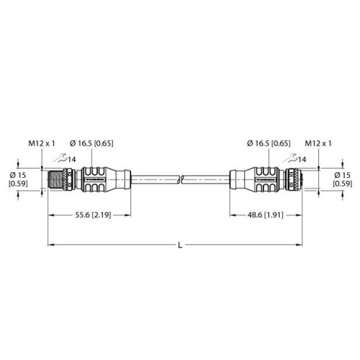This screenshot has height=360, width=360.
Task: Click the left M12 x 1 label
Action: (x=42, y=143)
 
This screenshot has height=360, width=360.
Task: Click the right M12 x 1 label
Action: (x=318, y=143)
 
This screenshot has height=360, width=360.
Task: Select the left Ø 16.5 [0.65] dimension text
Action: (x=91, y=143)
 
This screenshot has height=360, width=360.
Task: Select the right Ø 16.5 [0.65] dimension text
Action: (x=269, y=143)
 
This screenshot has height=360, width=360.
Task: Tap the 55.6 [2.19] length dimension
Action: (x=93, y=215)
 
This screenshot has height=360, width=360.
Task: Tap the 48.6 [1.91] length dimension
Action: (x=265, y=215)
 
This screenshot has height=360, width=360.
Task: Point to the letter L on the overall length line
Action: (x=180, y=245)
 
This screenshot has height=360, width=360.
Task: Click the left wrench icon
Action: (x=60, y=158)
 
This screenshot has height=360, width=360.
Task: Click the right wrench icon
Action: (x=290, y=158)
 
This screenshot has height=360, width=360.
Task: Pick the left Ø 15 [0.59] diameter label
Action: (x=18, y=179)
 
